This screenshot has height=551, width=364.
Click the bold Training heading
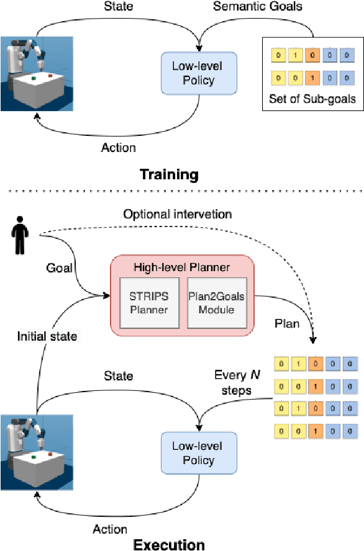click(169, 175)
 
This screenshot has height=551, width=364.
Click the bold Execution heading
click(168, 545)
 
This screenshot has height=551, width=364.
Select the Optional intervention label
click(177, 214)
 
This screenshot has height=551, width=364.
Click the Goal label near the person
click(59, 268)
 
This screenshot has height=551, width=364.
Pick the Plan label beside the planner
click(286, 323)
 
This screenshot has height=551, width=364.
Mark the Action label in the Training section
click(118, 148)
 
